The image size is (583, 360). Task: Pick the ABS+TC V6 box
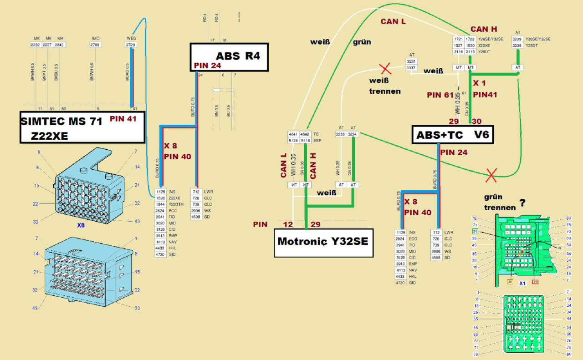coord(453,135)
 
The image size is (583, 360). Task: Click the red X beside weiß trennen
coord(385,69)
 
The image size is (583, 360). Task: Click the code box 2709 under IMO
coord(96,45)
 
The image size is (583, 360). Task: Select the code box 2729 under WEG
coord(131,45)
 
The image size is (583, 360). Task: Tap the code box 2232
coord(36,45)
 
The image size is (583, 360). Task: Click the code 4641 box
coord(293,134)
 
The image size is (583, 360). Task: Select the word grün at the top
coord(362,42)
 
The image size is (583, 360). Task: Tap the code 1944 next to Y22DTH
coord(160,204)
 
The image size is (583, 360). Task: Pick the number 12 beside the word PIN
coord(288,224)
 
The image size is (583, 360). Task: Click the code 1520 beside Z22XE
coord(160,198)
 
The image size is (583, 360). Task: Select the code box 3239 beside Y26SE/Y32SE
coord(517,39)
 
